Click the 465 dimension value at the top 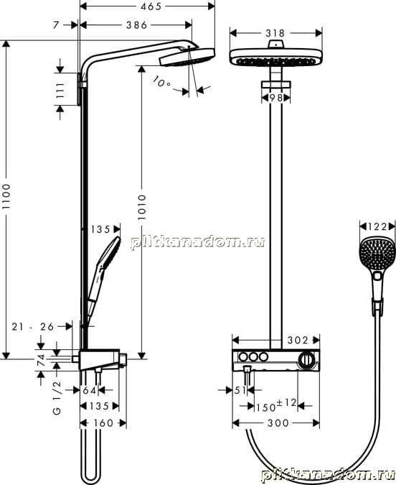tap(151, 6)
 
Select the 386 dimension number tap(137, 25)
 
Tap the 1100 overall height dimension tap(6, 196)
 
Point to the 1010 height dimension tap(142, 207)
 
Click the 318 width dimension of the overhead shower tap(275, 33)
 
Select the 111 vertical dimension tap(60, 90)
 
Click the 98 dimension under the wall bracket tap(276, 98)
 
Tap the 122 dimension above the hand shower tap(377, 227)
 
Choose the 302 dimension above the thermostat tap(298, 341)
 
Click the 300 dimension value tap(278, 422)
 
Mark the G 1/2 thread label tap(57, 397)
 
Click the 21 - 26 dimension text tap(33, 326)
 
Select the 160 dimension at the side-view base tap(103, 422)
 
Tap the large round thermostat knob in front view tap(306, 360)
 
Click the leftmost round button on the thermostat tap(243, 357)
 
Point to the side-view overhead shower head tap(187, 57)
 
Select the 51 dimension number tap(240, 390)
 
